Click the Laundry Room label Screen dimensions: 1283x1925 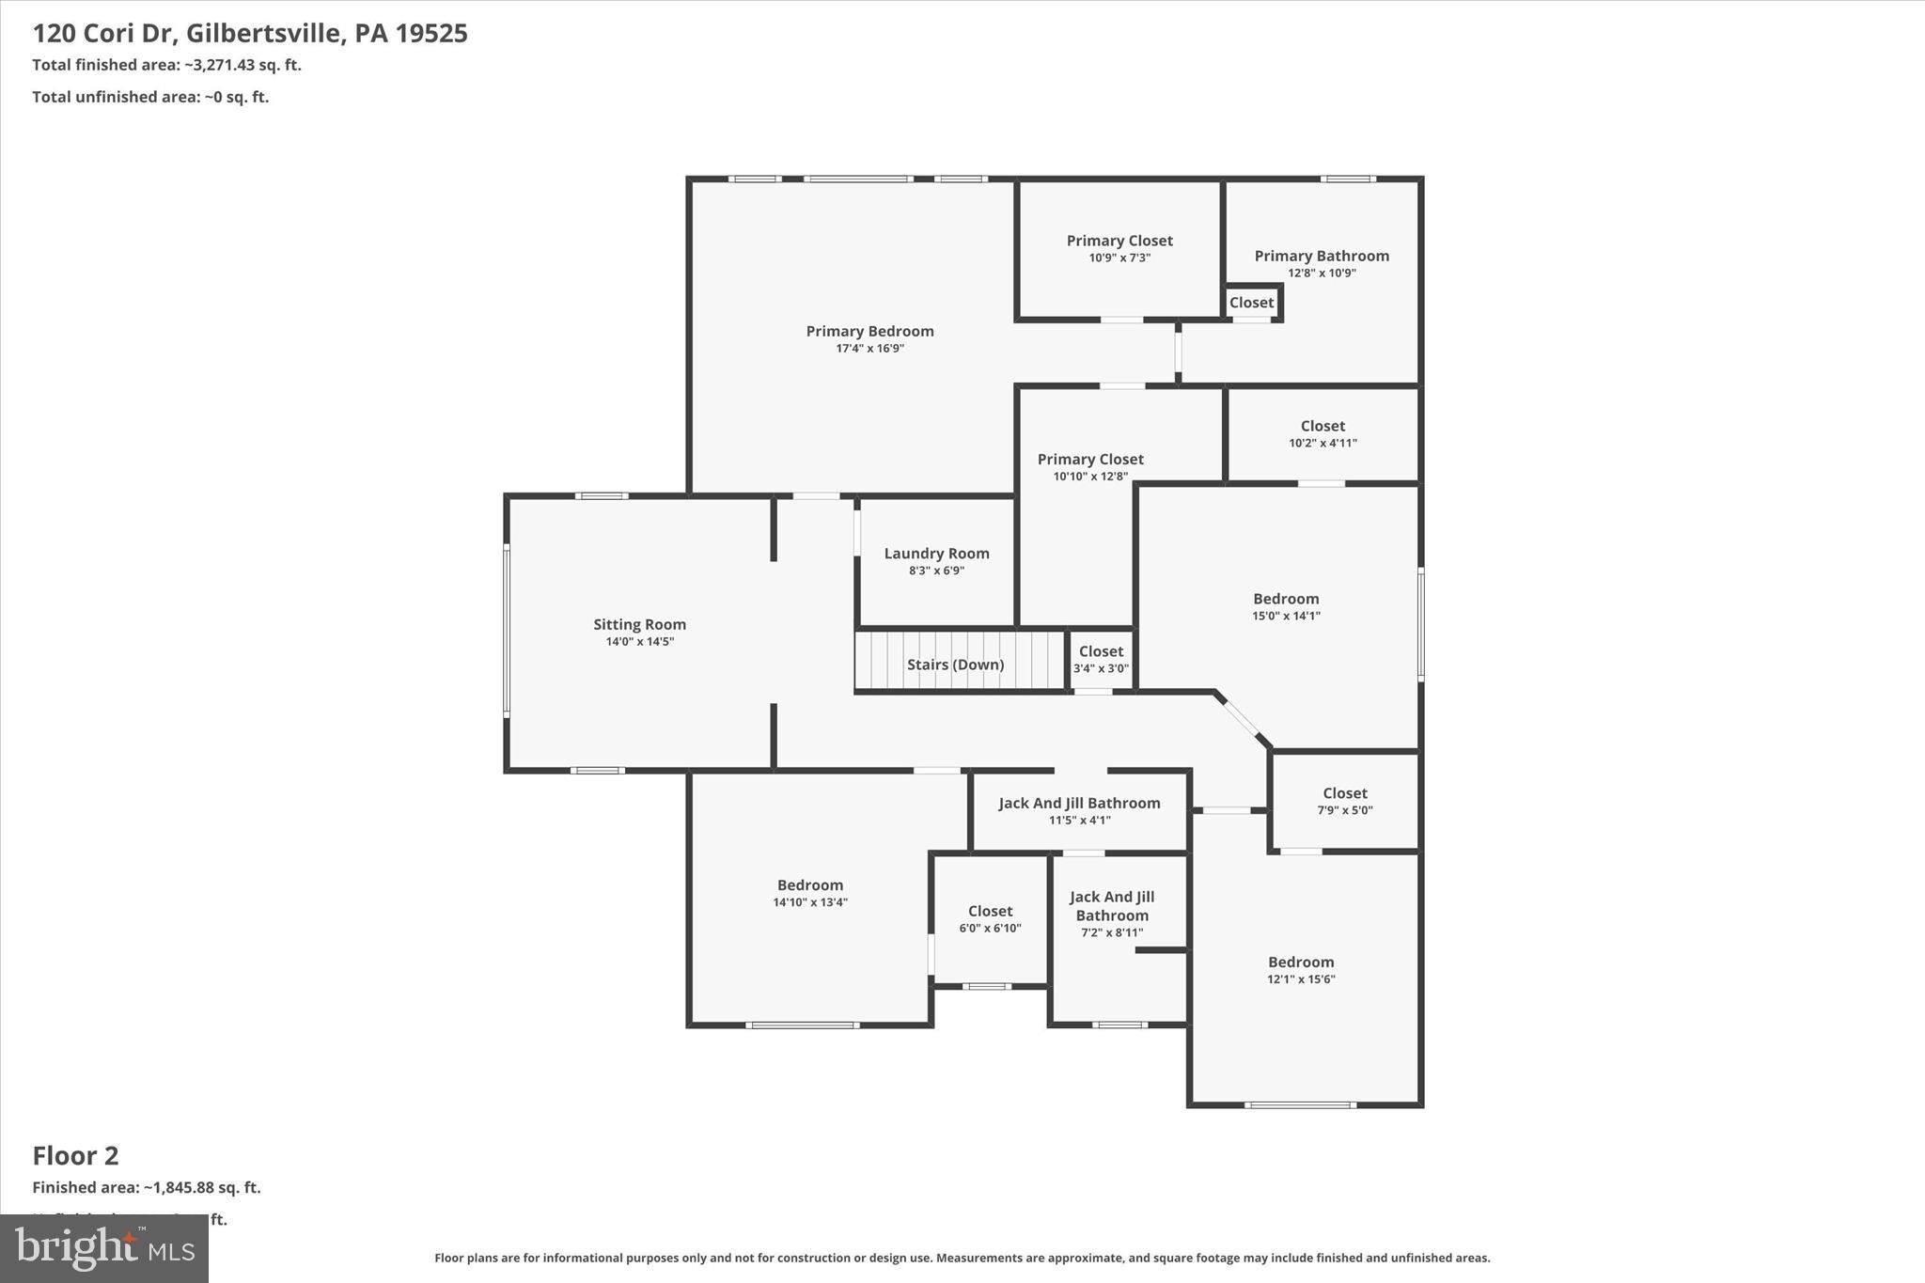[x=936, y=554]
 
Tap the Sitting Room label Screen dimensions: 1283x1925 [x=639, y=624]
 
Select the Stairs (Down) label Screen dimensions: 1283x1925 [x=955, y=665]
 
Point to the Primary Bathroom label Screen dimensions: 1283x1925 [x=1322, y=256]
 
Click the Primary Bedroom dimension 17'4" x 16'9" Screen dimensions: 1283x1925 [x=869, y=349]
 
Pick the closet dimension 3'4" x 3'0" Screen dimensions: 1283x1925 [x=1101, y=669]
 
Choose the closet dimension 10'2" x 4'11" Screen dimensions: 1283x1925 [x=1322, y=444]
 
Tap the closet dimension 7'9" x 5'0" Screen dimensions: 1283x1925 [x=1344, y=810]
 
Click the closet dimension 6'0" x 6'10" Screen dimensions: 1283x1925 [x=990, y=929]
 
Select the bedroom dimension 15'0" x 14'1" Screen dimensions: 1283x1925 [x=1286, y=617]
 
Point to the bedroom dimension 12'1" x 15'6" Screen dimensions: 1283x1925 [x=1301, y=979]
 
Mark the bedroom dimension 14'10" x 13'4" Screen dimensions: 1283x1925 [x=810, y=902]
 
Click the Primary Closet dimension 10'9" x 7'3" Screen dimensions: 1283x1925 [x=1119, y=258]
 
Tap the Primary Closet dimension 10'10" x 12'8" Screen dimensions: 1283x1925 [x=1090, y=477]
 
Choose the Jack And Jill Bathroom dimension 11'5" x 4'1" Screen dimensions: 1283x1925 [x=1079, y=821]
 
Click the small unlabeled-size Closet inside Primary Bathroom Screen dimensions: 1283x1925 [x=1251, y=303]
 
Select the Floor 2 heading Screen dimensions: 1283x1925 [x=76, y=1155]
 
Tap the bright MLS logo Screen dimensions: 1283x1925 [x=104, y=1248]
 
